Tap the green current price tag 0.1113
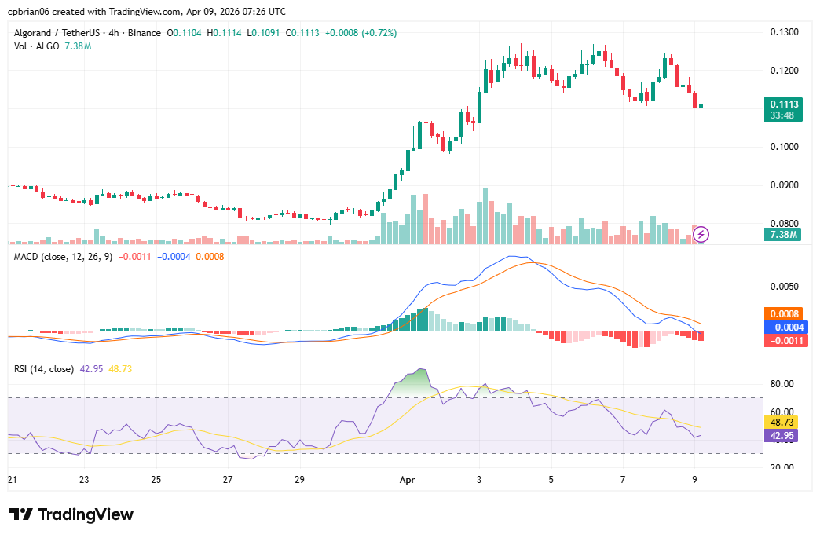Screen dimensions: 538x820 [785, 104]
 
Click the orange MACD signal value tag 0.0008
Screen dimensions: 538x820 [785, 313]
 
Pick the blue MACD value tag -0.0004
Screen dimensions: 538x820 [783, 327]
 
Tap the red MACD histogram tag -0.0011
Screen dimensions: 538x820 [783, 340]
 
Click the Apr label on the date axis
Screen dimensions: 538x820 [406, 479]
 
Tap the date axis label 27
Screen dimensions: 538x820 [227, 479]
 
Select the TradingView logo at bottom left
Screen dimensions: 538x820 [71, 514]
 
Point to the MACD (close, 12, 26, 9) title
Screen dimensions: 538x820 [64, 256]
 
